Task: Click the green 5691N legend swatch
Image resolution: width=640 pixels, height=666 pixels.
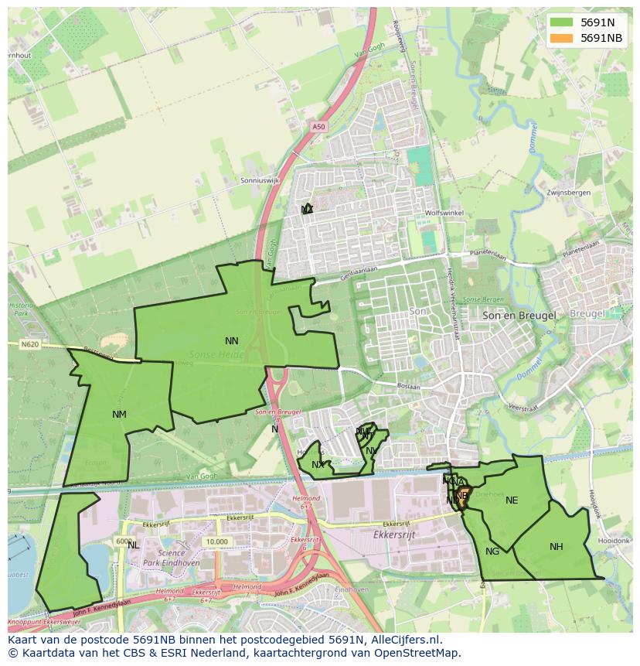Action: [x=562, y=23]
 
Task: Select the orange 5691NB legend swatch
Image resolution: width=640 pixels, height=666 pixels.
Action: [x=562, y=38]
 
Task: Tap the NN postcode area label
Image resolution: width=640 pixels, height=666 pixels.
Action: [x=232, y=340]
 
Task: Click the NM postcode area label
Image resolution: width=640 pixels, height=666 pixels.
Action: [x=119, y=415]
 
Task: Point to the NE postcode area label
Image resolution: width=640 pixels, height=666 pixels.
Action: [x=512, y=500]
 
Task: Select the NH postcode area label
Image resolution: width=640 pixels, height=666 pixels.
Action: [x=556, y=547]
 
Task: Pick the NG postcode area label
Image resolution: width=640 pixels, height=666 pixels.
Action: [x=492, y=552]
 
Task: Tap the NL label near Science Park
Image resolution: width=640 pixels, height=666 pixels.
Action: [x=134, y=545]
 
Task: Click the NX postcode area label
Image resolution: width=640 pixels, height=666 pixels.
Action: [x=318, y=465]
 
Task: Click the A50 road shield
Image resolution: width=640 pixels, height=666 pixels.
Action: [x=319, y=126]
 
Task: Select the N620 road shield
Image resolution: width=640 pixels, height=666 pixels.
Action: [x=30, y=344]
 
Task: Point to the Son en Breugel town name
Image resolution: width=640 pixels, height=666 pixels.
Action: [x=519, y=316]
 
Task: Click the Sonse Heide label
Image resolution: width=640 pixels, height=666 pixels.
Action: [x=216, y=354]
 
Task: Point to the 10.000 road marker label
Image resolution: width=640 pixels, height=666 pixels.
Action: [x=216, y=541]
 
